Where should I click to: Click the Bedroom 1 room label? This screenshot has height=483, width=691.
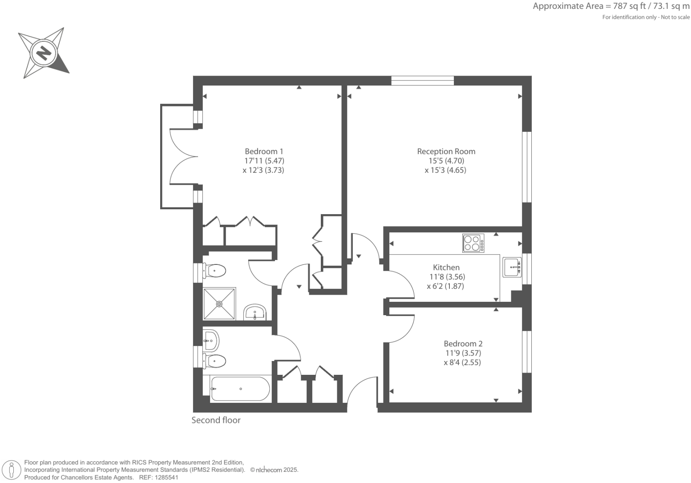264,151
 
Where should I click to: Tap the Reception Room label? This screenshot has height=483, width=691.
446,151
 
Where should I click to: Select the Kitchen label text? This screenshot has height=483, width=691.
446,267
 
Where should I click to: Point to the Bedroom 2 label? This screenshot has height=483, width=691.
463,344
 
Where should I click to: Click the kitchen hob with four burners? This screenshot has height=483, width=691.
473,244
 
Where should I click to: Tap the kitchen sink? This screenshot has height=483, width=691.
512,267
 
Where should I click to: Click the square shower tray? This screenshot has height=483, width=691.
219,304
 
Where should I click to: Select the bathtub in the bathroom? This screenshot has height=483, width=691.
240,389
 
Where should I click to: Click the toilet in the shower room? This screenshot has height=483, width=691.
215,270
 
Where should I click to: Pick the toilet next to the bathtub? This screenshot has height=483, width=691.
215,361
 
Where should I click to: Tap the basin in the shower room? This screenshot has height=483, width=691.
255,312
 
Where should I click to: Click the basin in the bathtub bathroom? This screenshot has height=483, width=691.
211,341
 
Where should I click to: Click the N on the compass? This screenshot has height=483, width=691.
44,53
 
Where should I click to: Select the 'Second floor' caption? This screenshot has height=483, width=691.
216,420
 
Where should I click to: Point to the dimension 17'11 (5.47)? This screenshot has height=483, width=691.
264,161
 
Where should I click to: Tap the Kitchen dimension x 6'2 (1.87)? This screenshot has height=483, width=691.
445,286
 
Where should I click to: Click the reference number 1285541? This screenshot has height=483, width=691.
166,477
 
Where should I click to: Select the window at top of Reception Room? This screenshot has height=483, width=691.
422,81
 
